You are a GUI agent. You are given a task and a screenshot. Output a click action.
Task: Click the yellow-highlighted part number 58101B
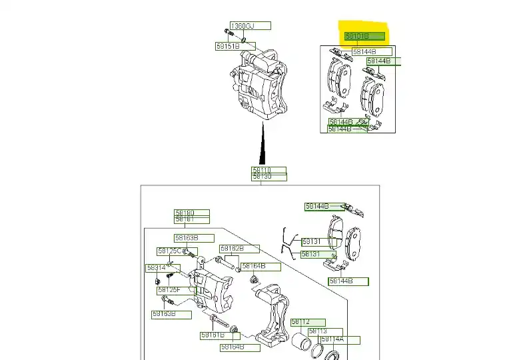point(364,36)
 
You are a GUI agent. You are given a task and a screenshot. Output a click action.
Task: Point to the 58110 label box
point(268,171)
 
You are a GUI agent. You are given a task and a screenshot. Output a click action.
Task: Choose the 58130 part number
point(268,177)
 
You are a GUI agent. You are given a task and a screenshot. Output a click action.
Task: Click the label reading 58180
point(191,213)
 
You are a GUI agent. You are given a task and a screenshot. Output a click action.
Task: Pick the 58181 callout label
point(191,219)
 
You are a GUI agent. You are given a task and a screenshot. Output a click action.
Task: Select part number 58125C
point(169,251)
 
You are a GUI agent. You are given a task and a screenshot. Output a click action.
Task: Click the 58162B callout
point(231,249)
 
